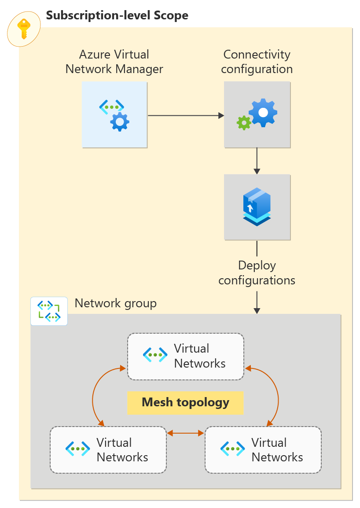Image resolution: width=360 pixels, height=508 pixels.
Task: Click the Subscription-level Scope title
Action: coord(117,15)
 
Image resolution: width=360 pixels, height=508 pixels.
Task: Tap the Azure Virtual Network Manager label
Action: coord(114,62)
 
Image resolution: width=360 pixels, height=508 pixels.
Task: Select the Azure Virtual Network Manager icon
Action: coord(114,115)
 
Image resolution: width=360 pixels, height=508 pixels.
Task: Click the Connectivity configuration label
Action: coord(257,62)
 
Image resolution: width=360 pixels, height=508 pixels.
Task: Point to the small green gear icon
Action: coord(243,122)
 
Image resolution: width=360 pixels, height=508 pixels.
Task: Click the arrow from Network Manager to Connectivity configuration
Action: coord(185,115)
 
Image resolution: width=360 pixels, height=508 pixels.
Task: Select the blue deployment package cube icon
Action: coord(257,206)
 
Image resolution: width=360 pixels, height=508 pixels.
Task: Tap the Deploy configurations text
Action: coord(257,272)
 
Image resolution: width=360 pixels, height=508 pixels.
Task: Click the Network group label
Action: coord(116,303)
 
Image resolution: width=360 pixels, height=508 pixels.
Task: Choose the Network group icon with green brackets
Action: coord(49,311)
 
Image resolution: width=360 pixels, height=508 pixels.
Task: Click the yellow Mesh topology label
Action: coord(185,402)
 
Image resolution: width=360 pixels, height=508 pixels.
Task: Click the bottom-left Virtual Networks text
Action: coord(122,449)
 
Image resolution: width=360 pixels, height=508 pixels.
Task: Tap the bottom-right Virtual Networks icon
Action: coord(232,449)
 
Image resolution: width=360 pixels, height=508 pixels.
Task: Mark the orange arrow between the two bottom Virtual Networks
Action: coord(185,433)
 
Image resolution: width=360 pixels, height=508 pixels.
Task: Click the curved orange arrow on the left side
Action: coord(94,396)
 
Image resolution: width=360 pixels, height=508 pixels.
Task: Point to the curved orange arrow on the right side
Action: coord(277,396)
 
